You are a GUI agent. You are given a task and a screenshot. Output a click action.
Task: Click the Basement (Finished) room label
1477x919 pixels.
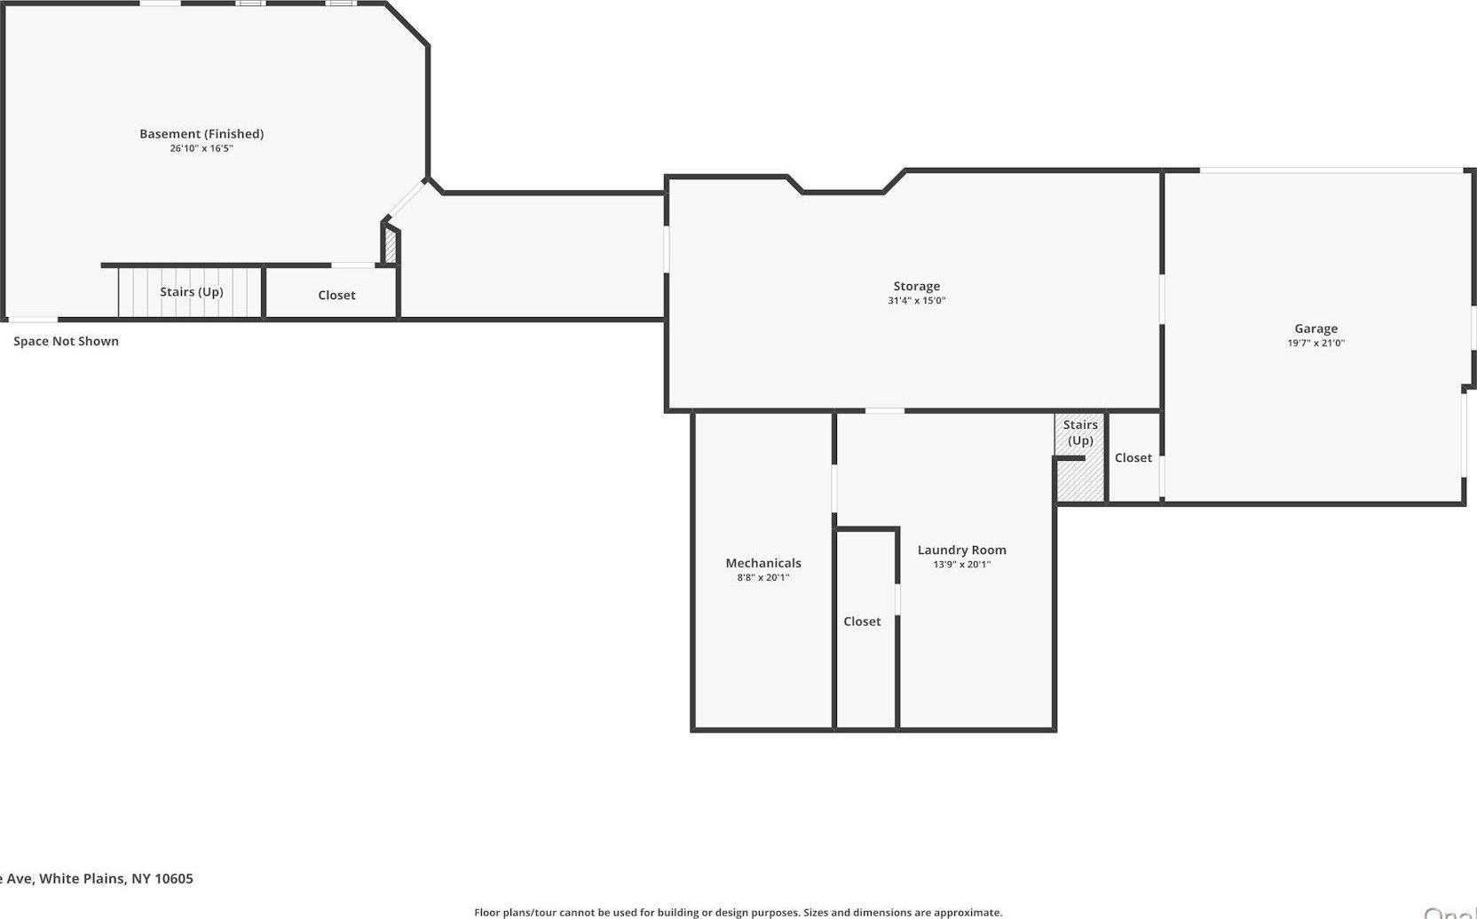tap(201, 134)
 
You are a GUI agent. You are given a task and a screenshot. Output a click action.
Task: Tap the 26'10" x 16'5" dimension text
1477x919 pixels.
tap(201, 148)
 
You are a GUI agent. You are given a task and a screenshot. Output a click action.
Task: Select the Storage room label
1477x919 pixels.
tap(916, 286)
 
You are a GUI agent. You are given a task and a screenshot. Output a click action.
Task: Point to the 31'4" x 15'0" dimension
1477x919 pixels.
tap(916, 300)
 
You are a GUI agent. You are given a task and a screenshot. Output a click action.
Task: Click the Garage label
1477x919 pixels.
tap(1315, 329)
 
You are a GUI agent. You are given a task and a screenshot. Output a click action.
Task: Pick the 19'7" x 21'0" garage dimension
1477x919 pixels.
tap(1315, 343)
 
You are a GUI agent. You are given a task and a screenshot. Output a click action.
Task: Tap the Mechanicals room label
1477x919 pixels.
tap(763, 563)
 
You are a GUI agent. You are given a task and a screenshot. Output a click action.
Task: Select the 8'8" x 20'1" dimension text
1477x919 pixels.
tap(763, 577)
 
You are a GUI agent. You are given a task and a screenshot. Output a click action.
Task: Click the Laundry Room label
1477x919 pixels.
tap(961, 550)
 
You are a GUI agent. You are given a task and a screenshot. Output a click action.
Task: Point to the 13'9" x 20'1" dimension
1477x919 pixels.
tap(961, 564)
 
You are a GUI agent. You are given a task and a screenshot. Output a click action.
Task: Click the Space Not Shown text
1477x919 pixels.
tap(66, 341)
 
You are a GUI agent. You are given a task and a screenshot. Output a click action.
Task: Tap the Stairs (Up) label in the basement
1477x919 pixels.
tap(191, 292)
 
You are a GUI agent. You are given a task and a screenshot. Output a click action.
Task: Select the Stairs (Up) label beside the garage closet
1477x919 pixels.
tap(1080, 432)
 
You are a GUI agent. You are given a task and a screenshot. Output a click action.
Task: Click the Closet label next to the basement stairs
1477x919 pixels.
tap(336, 295)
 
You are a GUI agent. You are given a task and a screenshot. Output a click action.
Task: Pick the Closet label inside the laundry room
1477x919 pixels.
tap(862, 622)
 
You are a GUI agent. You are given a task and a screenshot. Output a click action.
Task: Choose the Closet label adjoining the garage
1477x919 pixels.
tap(1133, 457)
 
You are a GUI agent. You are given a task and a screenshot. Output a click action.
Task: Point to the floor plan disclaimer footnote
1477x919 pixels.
tap(738, 912)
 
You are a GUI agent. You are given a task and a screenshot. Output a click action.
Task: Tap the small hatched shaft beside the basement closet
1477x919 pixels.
tap(391, 245)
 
